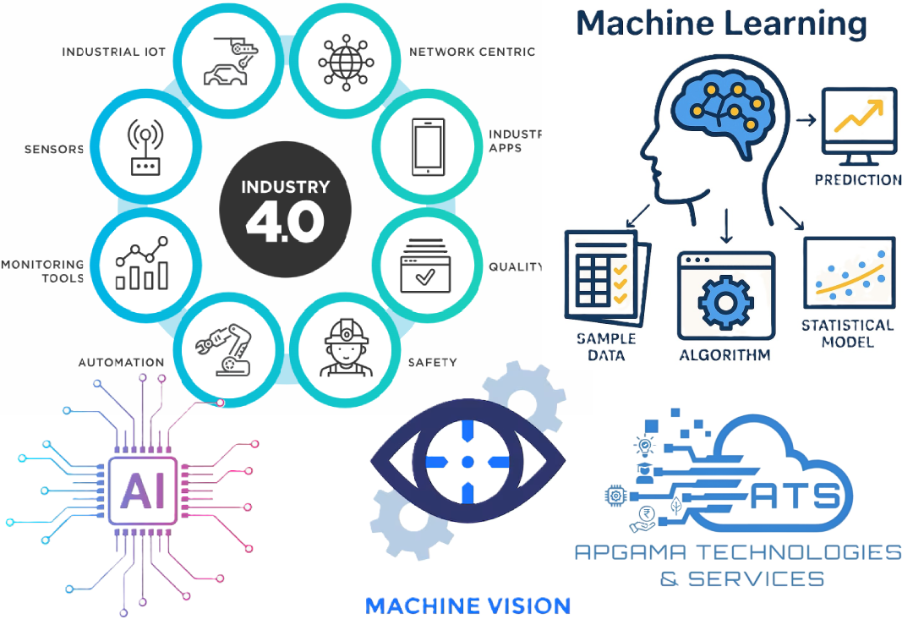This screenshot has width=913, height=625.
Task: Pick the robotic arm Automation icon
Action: [x=224, y=345]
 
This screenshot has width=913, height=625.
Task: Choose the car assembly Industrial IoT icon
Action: [x=227, y=61]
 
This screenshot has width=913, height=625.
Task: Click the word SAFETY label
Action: [x=432, y=363]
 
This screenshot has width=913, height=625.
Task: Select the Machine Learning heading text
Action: [x=721, y=24]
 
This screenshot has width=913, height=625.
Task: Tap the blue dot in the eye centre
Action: [x=467, y=462]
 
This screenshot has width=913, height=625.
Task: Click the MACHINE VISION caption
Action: [x=467, y=606]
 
